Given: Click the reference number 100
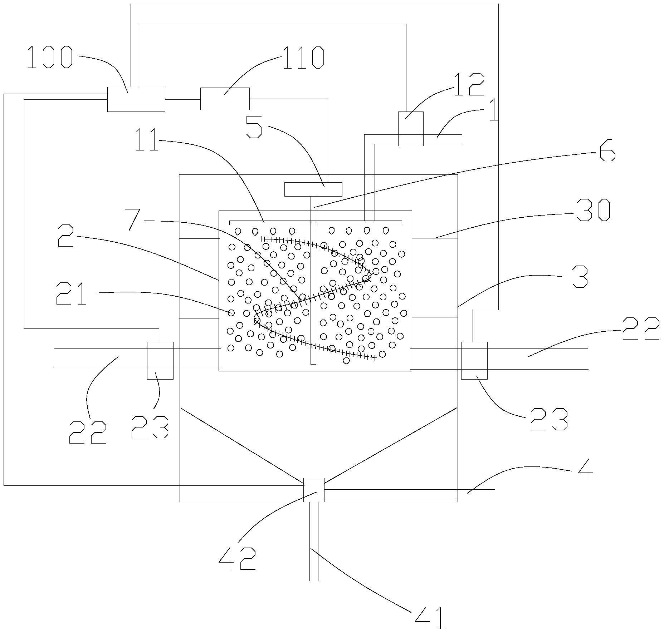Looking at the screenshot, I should (50, 58).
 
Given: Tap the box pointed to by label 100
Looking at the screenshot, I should (136, 99).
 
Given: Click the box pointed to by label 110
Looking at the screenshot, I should (225, 99).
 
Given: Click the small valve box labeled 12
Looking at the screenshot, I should (410, 129).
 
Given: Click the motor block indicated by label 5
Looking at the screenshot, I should (313, 189).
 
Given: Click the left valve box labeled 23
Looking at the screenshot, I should (160, 360).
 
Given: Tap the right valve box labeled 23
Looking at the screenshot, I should (474, 360).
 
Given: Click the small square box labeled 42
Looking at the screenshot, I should (313, 490).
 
